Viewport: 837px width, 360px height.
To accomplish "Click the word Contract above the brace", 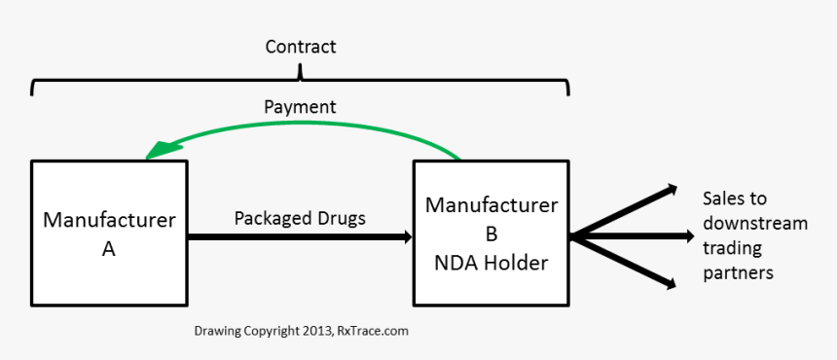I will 300,47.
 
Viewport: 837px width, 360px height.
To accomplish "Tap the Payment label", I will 300,105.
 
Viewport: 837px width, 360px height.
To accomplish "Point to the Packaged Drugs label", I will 300,218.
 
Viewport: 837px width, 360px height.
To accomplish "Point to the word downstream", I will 755,224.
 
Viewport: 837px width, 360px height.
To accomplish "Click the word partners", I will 738,273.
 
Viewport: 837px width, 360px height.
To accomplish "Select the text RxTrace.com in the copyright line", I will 373,331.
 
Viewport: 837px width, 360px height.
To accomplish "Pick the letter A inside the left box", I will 109,249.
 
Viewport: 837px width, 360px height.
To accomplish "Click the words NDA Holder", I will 491,263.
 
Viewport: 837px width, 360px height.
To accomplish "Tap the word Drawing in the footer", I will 217,331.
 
